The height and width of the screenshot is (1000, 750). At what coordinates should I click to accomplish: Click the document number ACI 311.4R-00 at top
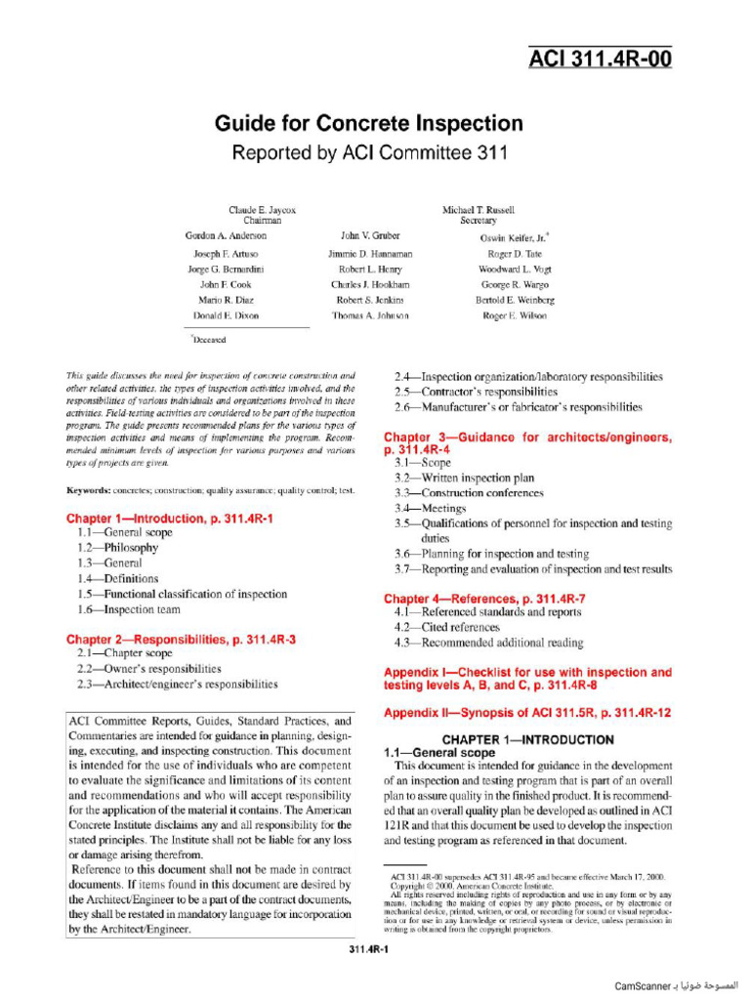[x=600, y=60]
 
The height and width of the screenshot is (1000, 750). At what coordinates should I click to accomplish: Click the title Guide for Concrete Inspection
[x=368, y=124]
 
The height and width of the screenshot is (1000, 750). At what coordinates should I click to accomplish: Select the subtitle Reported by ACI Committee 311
[x=368, y=153]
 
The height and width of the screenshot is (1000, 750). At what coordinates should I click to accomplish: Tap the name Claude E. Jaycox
[x=262, y=210]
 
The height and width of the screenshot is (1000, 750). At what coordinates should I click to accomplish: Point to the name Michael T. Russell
[x=478, y=210]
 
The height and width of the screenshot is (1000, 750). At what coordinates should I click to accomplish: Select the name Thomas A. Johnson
[x=370, y=316]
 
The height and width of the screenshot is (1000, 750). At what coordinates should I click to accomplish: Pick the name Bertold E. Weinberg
[x=515, y=300]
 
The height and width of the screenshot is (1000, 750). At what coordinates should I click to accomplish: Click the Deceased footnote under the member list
[x=208, y=340]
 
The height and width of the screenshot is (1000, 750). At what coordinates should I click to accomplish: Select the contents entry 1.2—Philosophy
[x=117, y=548]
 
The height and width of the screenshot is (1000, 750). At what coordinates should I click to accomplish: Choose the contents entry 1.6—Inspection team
[x=129, y=609]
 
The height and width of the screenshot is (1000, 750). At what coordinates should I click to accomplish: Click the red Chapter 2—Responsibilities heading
[x=181, y=639]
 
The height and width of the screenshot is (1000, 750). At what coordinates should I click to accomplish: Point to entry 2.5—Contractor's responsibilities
[x=476, y=392]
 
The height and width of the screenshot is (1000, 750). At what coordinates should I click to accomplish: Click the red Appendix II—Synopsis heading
[x=527, y=713]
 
